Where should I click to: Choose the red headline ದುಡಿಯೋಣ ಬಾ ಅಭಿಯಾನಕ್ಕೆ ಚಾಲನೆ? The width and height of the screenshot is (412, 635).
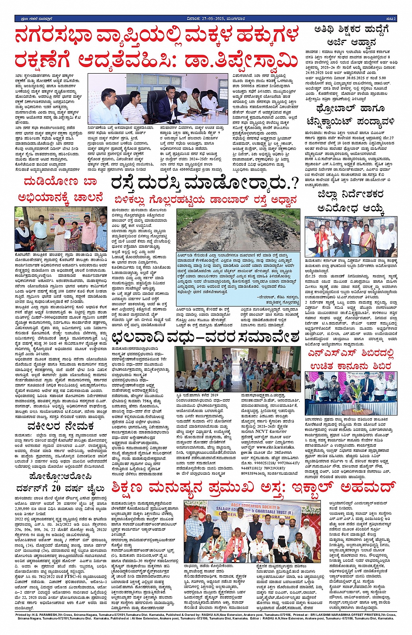point(61,189)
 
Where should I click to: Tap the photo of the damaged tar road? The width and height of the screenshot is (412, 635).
point(238,230)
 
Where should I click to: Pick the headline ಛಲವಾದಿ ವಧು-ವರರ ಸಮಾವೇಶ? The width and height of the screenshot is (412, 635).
point(205,336)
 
